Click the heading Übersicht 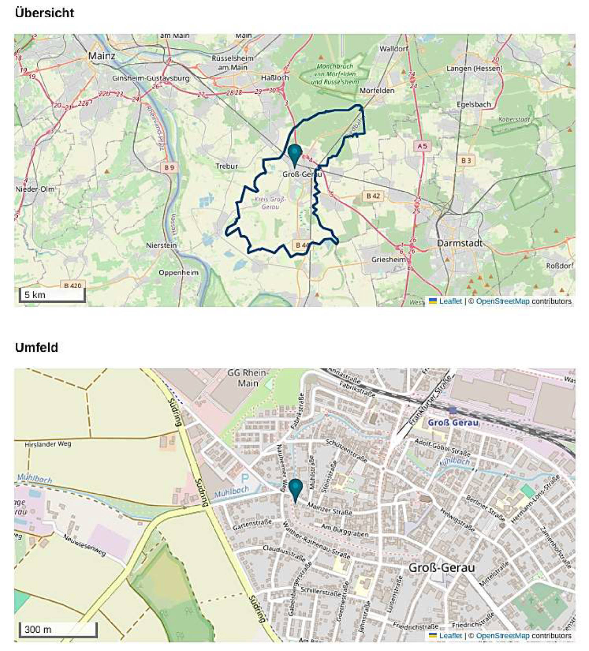[44, 13]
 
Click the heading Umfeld [36, 347]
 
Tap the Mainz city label [101, 56]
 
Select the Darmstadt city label [459, 243]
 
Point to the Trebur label [227, 166]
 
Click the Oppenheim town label [178, 273]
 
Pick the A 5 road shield [422, 146]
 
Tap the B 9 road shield [169, 168]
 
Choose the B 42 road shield [373, 196]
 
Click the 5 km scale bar [52, 295]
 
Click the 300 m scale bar [58, 629]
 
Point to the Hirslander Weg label [48, 444]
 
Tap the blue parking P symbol [245, 478]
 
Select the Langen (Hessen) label [474, 68]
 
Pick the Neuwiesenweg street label [84, 545]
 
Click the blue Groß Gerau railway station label [453, 423]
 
